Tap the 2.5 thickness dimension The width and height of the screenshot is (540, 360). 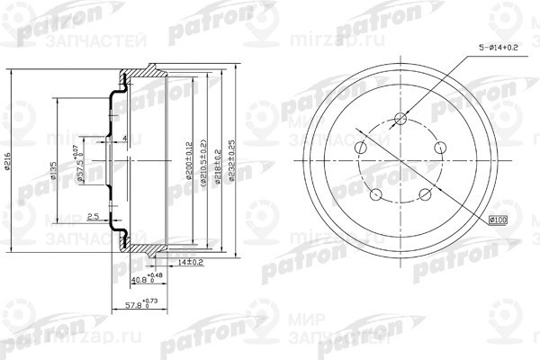coord(93,216)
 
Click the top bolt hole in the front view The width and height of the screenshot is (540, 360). coord(401,119)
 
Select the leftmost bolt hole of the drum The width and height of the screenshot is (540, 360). coord(361,148)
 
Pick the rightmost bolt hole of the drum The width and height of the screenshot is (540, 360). coord(442,148)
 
